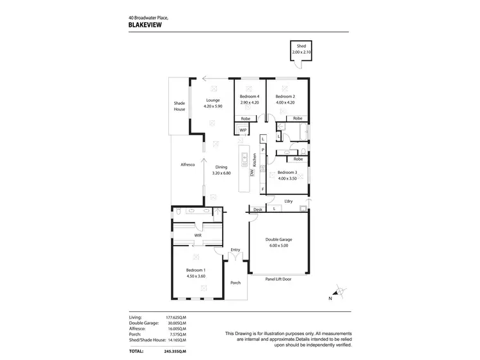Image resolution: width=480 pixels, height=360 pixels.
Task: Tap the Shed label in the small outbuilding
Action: click(301, 47)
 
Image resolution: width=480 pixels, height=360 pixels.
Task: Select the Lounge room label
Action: click(212, 100)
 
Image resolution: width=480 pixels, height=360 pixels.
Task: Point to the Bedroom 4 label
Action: click(249, 97)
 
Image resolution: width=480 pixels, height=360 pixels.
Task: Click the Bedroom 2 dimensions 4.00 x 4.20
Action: click(285, 102)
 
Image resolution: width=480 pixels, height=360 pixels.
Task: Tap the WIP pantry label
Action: click(243, 130)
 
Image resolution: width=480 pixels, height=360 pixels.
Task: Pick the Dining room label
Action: click(221, 168)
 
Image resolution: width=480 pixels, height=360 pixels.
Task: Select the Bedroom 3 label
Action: click(287, 172)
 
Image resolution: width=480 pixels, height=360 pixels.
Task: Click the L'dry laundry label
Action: click(289, 201)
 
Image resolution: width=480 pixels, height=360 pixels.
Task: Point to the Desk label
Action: click(258, 209)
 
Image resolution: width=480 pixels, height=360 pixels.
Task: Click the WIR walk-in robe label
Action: click(198, 235)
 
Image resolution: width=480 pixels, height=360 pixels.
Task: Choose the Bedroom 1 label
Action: click(195, 270)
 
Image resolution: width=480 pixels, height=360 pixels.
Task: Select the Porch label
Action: click(236, 282)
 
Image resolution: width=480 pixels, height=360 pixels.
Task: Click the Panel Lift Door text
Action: click(278, 279)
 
